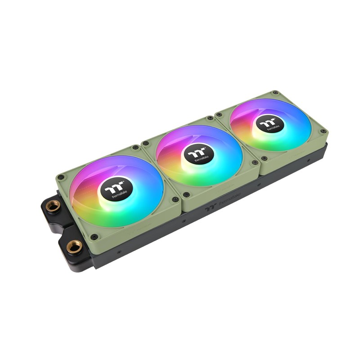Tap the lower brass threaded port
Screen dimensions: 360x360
click(x=74, y=246)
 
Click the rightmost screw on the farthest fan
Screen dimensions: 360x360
click(x=323, y=131)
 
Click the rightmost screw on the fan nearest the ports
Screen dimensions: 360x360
click(x=175, y=199)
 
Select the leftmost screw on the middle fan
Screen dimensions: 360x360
click(x=146, y=144)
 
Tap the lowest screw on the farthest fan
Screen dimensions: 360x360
click(x=264, y=158)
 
